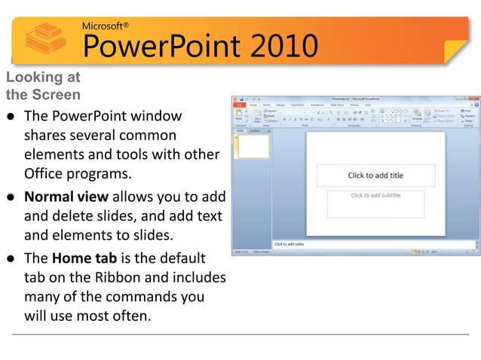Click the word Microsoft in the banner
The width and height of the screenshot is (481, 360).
pos(105,26)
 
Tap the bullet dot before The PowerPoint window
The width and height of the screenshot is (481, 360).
pos(11,117)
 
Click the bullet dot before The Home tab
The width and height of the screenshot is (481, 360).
pos(11,259)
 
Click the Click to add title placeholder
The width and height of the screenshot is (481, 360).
pos(375,175)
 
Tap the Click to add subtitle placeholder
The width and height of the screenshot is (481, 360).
pos(375,196)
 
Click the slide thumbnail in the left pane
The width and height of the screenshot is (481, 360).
pos(253,147)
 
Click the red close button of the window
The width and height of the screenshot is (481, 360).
pos(476,99)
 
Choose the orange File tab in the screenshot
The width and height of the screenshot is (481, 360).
pos(238,105)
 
